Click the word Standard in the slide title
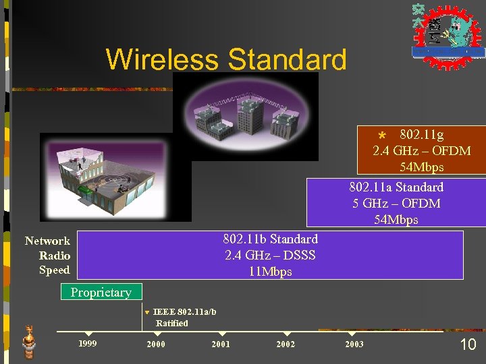point(288,59)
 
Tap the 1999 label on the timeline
point(87,344)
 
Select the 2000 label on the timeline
point(156,344)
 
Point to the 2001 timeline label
point(221,344)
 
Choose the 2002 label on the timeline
point(286,344)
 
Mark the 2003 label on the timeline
point(354,344)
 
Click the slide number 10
point(468,344)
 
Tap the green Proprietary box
point(101,293)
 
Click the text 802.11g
point(421,135)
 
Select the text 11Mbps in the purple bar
point(270,272)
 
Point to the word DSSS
point(300,255)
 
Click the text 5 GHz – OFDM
point(396,204)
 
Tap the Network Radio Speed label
point(47,255)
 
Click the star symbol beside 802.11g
point(382,136)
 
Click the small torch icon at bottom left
point(29,341)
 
